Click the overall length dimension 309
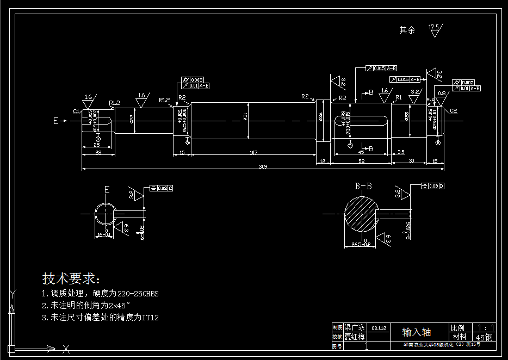[263, 166]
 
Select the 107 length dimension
[253, 153]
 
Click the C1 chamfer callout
[76, 110]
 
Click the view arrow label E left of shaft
[55, 121]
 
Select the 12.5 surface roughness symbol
[435, 29]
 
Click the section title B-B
[363, 187]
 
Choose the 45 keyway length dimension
[361, 153]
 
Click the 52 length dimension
[362, 162]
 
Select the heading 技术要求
[71, 279]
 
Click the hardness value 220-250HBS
[138, 294]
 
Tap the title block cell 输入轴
[417, 332]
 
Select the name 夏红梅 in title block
[355, 337]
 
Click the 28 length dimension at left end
[98, 153]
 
